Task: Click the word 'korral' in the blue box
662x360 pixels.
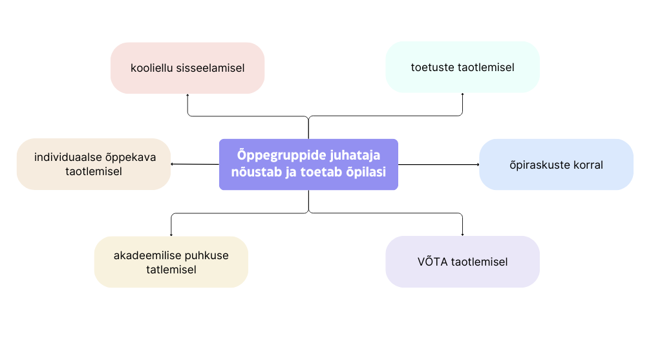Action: coord(586,165)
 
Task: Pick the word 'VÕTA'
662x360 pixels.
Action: coord(432,262)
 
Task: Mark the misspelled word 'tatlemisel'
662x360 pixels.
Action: coord(171,270)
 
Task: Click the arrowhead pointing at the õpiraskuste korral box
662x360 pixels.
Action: coord(478,164)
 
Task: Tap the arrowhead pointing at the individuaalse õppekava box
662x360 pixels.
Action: coord(172,164)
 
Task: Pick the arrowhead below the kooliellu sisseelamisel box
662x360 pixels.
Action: coord(187,95)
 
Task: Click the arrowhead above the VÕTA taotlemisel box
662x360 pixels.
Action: coord(463,234)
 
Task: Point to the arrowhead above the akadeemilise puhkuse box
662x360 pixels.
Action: coord(171,234)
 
